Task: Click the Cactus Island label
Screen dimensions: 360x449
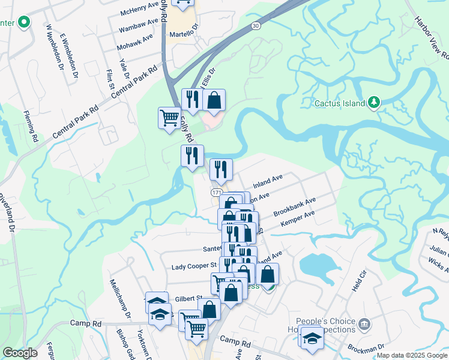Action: click(x=340, y=103)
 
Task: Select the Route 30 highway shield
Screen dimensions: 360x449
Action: click(x=256, y=26)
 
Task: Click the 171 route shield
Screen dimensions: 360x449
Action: click(x=216, y=192)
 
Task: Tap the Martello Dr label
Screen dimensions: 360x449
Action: click(x=182, y=34)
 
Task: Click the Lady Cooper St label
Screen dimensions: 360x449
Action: click(x=193, y=265)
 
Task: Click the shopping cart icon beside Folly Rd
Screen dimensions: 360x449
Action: click(x=170, y=117)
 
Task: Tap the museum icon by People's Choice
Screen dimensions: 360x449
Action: click(x=364, y=325)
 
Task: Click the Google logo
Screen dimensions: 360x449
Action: click(x=20, y=353)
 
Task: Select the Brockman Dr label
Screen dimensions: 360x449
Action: click(x=369, y=347)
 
